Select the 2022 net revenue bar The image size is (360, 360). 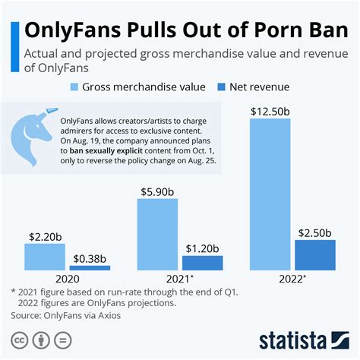point(314,255)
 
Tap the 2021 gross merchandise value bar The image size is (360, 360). point(157,235)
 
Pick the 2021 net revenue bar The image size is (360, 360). point(203,263)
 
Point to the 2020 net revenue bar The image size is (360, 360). point(90,268)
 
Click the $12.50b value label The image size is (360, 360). point(271,111)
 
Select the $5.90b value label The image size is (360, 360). point(157,190)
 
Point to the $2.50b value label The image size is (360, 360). point(314,232)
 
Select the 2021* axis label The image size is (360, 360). point(181,279)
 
